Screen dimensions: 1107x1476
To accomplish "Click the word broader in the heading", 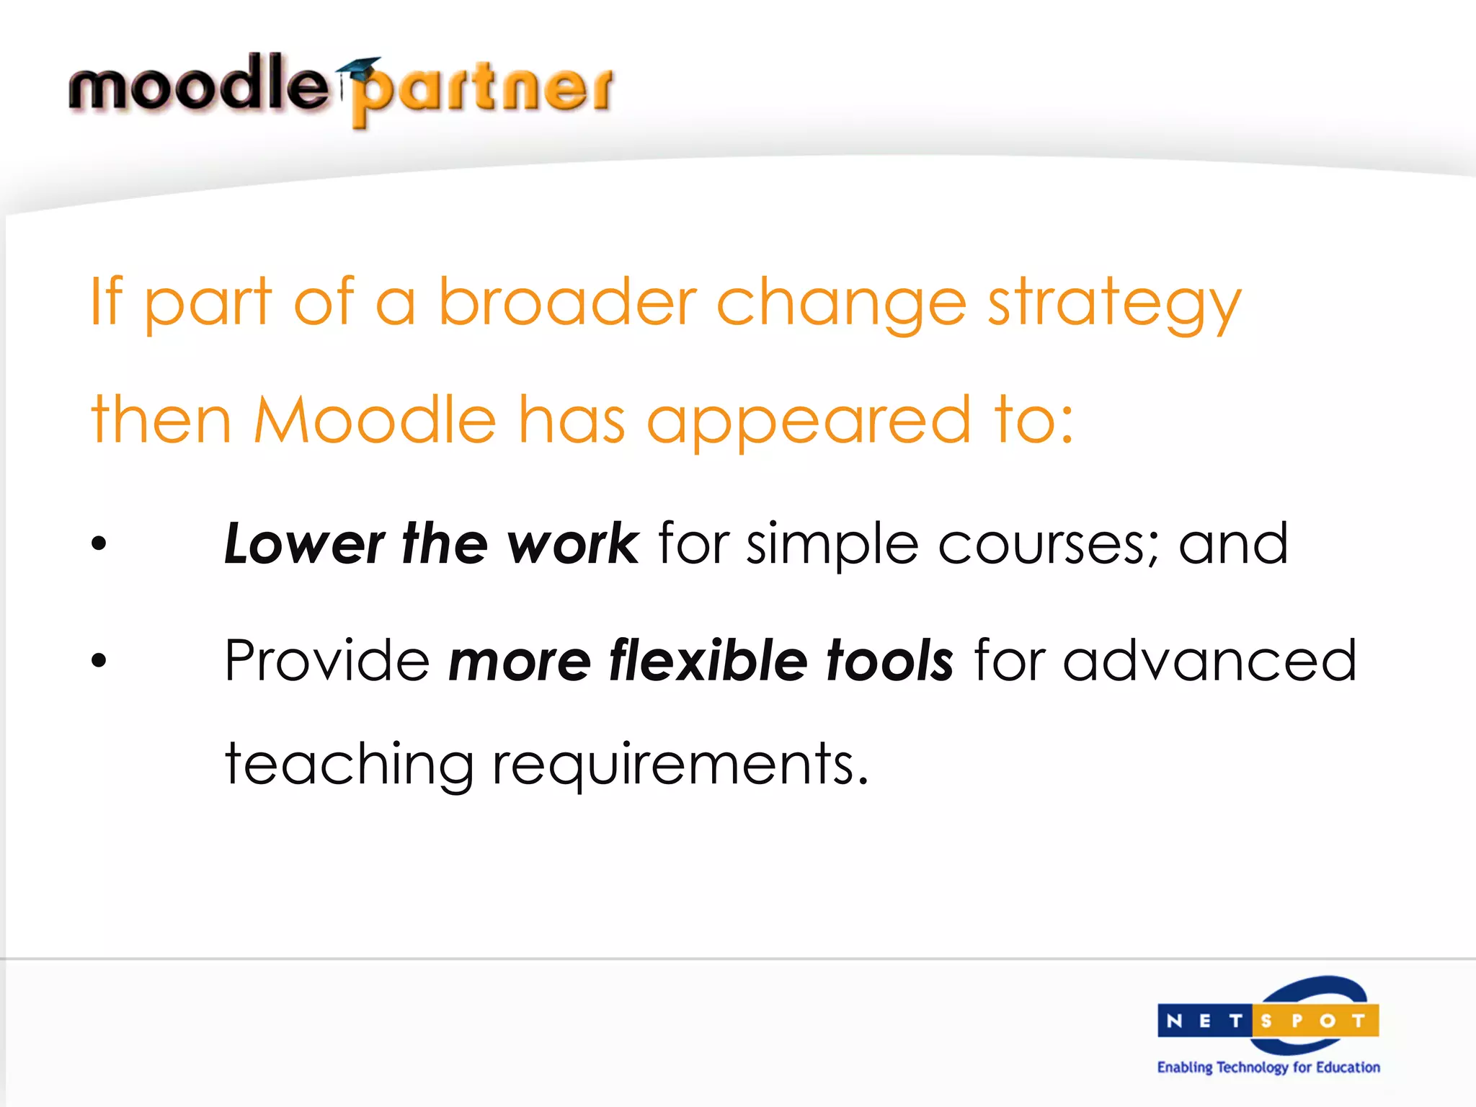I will [x=567, y=303].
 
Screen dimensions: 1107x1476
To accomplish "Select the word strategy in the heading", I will [x=1114, y=306].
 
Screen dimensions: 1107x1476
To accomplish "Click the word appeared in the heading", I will [x=809, y=424].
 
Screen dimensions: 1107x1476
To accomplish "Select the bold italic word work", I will [x=573, y=544].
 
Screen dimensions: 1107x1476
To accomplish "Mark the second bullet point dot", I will [x=99, y=660].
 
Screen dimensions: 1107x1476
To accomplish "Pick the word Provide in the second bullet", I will [x=327, y=660].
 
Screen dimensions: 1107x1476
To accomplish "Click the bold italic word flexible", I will [x=708, y=660].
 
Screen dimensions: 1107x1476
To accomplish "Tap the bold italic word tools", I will [x=890, y=660].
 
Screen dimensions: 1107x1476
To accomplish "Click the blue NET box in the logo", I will [x=1204, y=1021].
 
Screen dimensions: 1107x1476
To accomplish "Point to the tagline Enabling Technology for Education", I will [x=1268, y=1067].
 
